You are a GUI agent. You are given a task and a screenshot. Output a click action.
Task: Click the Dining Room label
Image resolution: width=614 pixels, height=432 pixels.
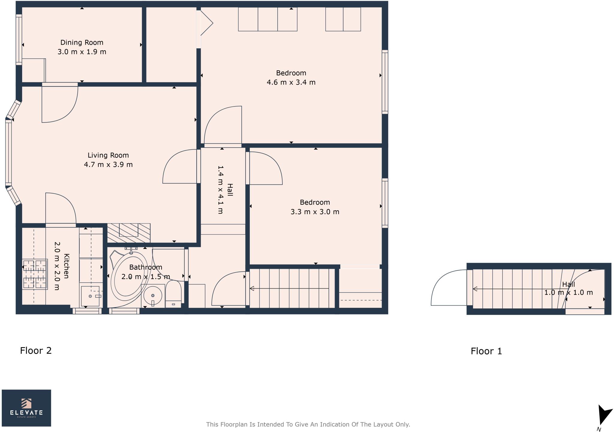pos(82,43)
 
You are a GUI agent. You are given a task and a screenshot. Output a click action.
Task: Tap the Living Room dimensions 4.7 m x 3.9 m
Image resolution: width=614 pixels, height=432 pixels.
pos(108,165)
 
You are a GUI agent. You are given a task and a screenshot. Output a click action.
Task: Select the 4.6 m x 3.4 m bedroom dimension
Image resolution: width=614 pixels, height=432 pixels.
pos(291,82)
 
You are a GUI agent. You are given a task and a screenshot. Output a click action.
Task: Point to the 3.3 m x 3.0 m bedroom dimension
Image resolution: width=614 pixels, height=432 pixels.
pos(315,212)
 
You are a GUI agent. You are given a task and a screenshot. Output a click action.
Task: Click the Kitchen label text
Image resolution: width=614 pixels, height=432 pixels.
pos(67,266)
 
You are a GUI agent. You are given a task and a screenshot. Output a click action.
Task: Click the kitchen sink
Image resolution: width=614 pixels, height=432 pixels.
pos(90,296)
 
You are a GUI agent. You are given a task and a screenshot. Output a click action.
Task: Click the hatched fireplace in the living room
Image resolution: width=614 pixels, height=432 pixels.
pos(129,233)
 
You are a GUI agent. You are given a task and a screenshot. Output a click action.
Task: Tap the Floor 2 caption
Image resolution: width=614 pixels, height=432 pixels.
pos(36,350)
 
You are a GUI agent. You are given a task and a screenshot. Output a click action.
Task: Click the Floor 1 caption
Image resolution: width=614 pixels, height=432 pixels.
pos(486,351)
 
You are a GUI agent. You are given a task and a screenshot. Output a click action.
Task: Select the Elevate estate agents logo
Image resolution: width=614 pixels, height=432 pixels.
pos(26,408)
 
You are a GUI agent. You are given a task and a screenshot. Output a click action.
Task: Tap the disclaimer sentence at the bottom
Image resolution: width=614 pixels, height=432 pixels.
pos(308,424)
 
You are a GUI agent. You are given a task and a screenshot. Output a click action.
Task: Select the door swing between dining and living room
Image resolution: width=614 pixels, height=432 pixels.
pos(60,103)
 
